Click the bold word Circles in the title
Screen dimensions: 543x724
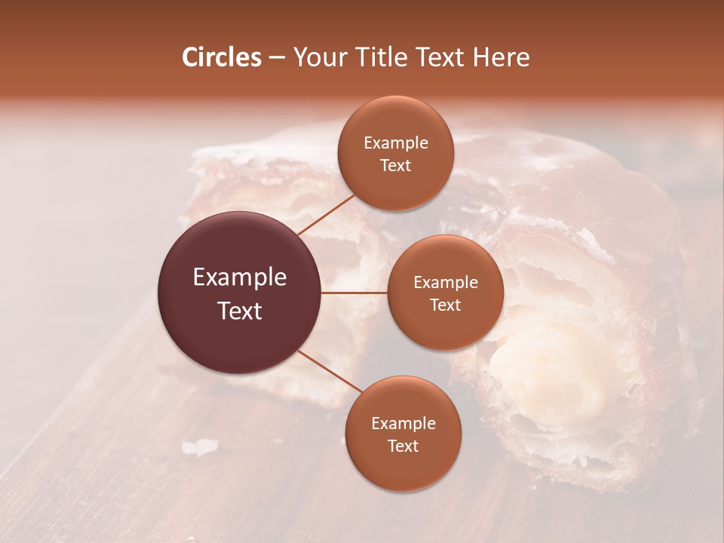click(x=221, y=57)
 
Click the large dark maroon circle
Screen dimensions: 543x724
click(x=240, y=293)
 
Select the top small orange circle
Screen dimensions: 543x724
click(x=395, y=153)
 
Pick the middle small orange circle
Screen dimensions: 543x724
click(x=445, y=293)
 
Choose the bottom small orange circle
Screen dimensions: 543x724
click(x=403, y=434)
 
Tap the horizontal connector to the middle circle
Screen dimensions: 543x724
click(x=354, y=293)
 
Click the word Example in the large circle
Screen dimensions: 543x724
click(x=240, y=278)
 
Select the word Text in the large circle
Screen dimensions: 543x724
click(x=240, y=310)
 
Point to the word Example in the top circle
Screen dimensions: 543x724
click(x=395, y=143)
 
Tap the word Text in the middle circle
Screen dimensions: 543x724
click(x=445, y=305)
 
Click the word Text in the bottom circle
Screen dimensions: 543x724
click(x=403, y=446)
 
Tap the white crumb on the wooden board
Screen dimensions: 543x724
click(x=201, y=447)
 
